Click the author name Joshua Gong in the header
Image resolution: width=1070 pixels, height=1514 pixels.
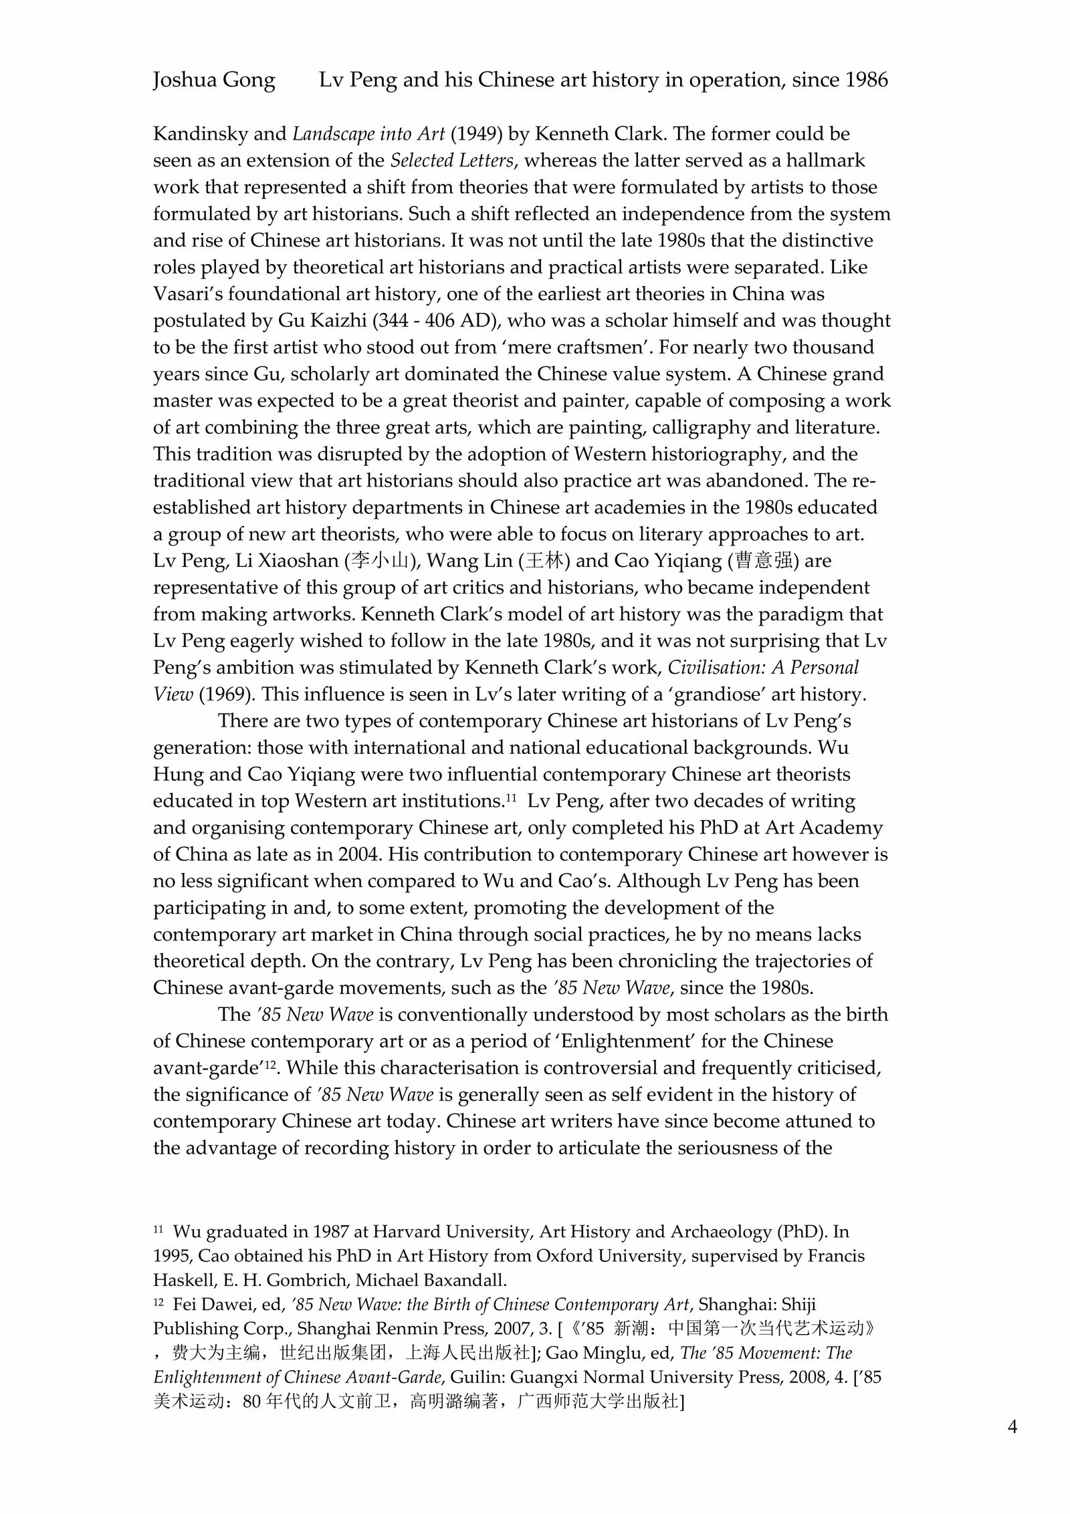pyautogui.click(x=214, y=80)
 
